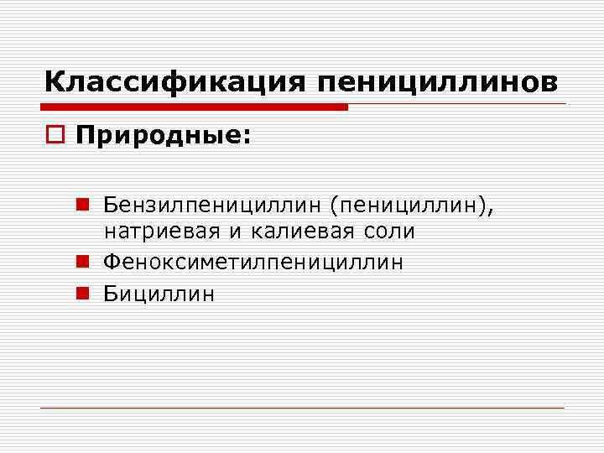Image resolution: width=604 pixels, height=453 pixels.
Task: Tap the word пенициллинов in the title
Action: (436, 82)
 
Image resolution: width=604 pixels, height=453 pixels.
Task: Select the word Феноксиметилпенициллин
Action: (253, 262)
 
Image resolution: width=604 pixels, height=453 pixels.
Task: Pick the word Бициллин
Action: (159, 293)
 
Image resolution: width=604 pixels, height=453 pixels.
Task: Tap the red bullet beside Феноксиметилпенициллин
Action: (81, 262)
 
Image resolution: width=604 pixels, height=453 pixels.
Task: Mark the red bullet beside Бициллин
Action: (81, 293)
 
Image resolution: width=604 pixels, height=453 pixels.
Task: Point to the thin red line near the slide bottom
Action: (302, 409)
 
